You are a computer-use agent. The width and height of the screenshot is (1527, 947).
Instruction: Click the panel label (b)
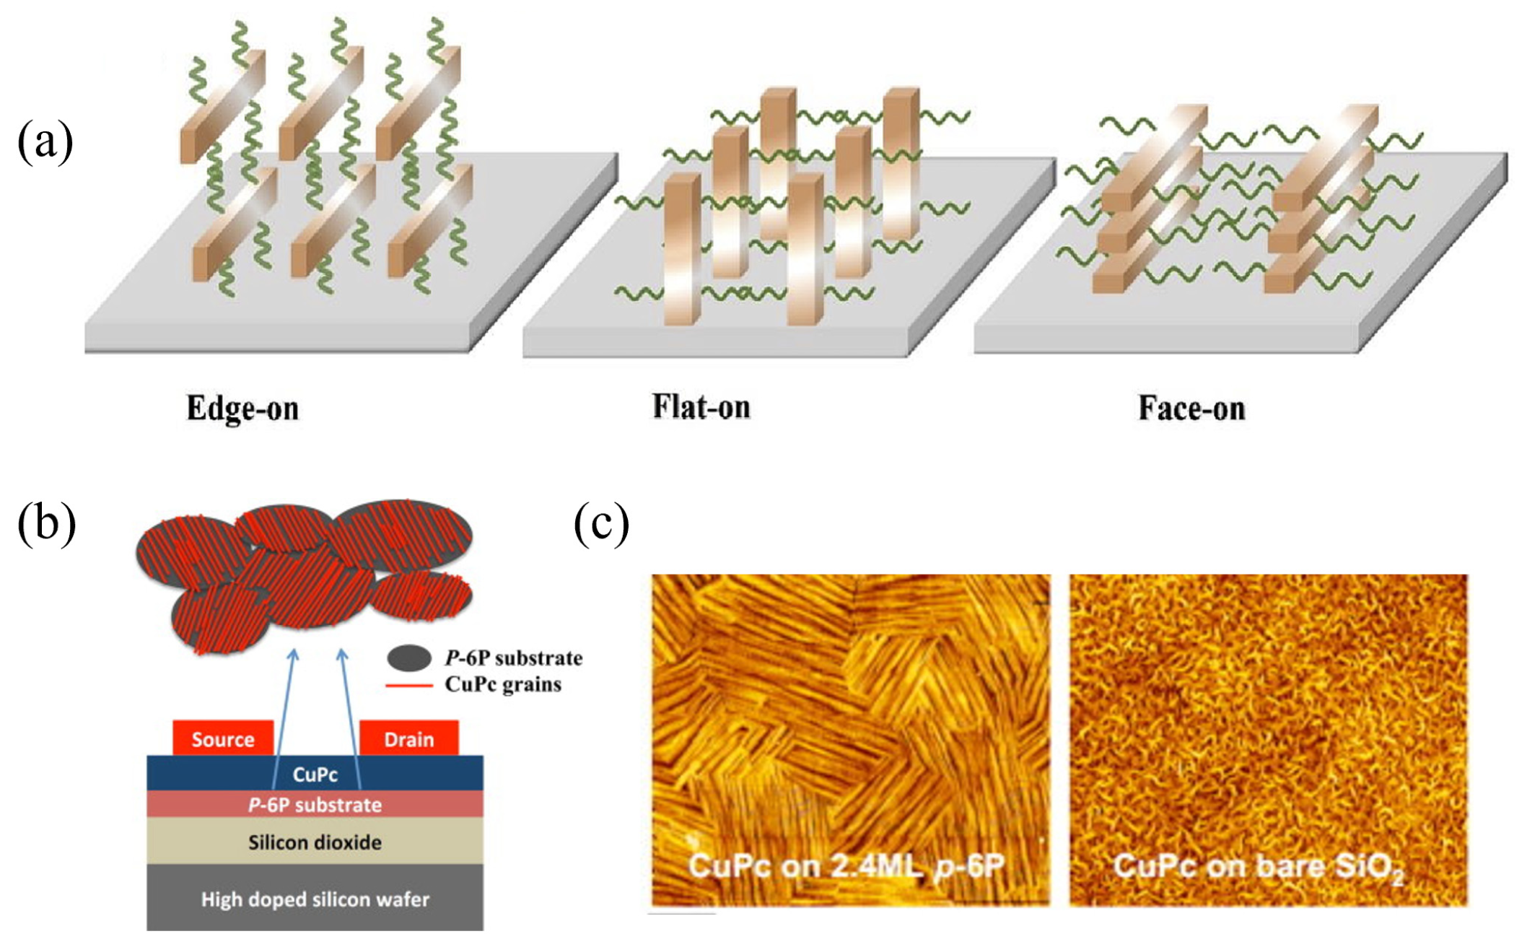[46, 523]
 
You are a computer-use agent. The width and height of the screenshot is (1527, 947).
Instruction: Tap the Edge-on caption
[242, 409]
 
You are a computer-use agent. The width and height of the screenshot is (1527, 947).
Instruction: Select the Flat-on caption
[701, 407]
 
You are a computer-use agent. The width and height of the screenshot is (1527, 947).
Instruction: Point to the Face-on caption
[1191, 409]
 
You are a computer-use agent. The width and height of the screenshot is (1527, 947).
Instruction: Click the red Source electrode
[223, 738]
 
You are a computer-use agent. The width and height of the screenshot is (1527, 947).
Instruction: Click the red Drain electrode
[408, 738]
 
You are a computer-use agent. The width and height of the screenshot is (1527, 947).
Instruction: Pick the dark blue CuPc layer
[315, 774]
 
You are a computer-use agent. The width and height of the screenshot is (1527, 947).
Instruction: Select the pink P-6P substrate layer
[315, 804]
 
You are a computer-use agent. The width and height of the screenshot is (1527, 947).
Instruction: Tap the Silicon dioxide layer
[315, 842]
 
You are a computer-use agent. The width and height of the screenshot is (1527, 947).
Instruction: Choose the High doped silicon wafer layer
[315, 899]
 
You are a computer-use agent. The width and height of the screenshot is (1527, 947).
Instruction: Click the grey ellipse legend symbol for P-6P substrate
[409, 658]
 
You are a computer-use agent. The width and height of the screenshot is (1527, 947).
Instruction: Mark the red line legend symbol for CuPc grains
[409, 684]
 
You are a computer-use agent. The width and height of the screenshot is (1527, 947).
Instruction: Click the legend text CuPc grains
[503, 684]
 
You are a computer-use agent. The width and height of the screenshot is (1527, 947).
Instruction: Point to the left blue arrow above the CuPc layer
[284, 715]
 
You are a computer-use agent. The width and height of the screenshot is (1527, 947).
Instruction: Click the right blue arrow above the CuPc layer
[351, 715]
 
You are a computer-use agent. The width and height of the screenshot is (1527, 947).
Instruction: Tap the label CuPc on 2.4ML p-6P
[846, 865]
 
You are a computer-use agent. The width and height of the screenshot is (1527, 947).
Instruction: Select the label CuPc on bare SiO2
[1259, 867]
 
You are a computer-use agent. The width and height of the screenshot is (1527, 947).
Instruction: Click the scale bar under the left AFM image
[681, 914]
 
